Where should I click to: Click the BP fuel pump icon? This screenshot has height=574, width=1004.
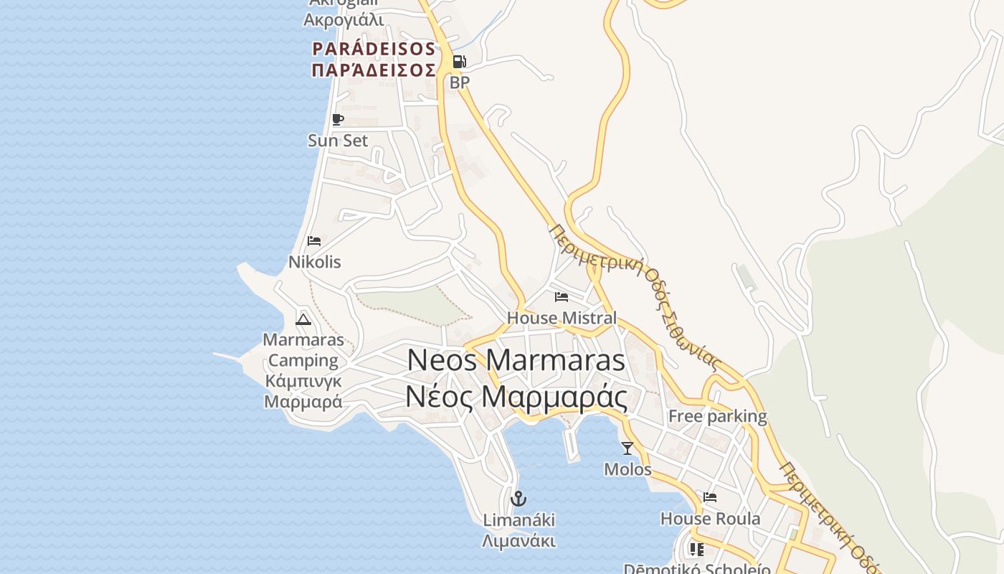tap(459, 62)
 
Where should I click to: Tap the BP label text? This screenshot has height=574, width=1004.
tap(460, 83)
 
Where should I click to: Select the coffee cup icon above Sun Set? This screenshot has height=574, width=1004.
tap(338, 120)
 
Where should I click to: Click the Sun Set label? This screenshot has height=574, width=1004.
tap(338, 141)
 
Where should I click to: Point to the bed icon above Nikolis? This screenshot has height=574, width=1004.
tap(314, 241)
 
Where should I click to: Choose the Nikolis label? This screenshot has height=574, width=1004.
tap(315, 262)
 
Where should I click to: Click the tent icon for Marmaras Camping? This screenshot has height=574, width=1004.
tap(303, 319)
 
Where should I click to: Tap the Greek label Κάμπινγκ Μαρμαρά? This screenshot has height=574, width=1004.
tap(303, 391)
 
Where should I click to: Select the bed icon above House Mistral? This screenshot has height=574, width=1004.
tap(562, 296)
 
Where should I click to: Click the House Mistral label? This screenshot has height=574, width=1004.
tap(562, 317)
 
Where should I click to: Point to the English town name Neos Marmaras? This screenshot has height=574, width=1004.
tap(516, 360)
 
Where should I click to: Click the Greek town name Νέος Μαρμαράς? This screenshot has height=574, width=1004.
tap(516, 397)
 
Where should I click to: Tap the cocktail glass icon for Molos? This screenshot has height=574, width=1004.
tap(627, 448)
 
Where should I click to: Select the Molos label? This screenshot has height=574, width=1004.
tap(627, 469)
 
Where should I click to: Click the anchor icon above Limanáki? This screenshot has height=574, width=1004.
tap(518, 498)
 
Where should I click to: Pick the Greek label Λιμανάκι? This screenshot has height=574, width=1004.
tap(518, 540)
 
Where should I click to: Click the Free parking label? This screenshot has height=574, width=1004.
tap(717, 416)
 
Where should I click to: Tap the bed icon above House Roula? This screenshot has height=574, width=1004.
tap(710, 497)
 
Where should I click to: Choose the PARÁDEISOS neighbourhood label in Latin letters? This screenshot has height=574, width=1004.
tap(374, 49)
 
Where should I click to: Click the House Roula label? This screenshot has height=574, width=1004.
tap(710, 518)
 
